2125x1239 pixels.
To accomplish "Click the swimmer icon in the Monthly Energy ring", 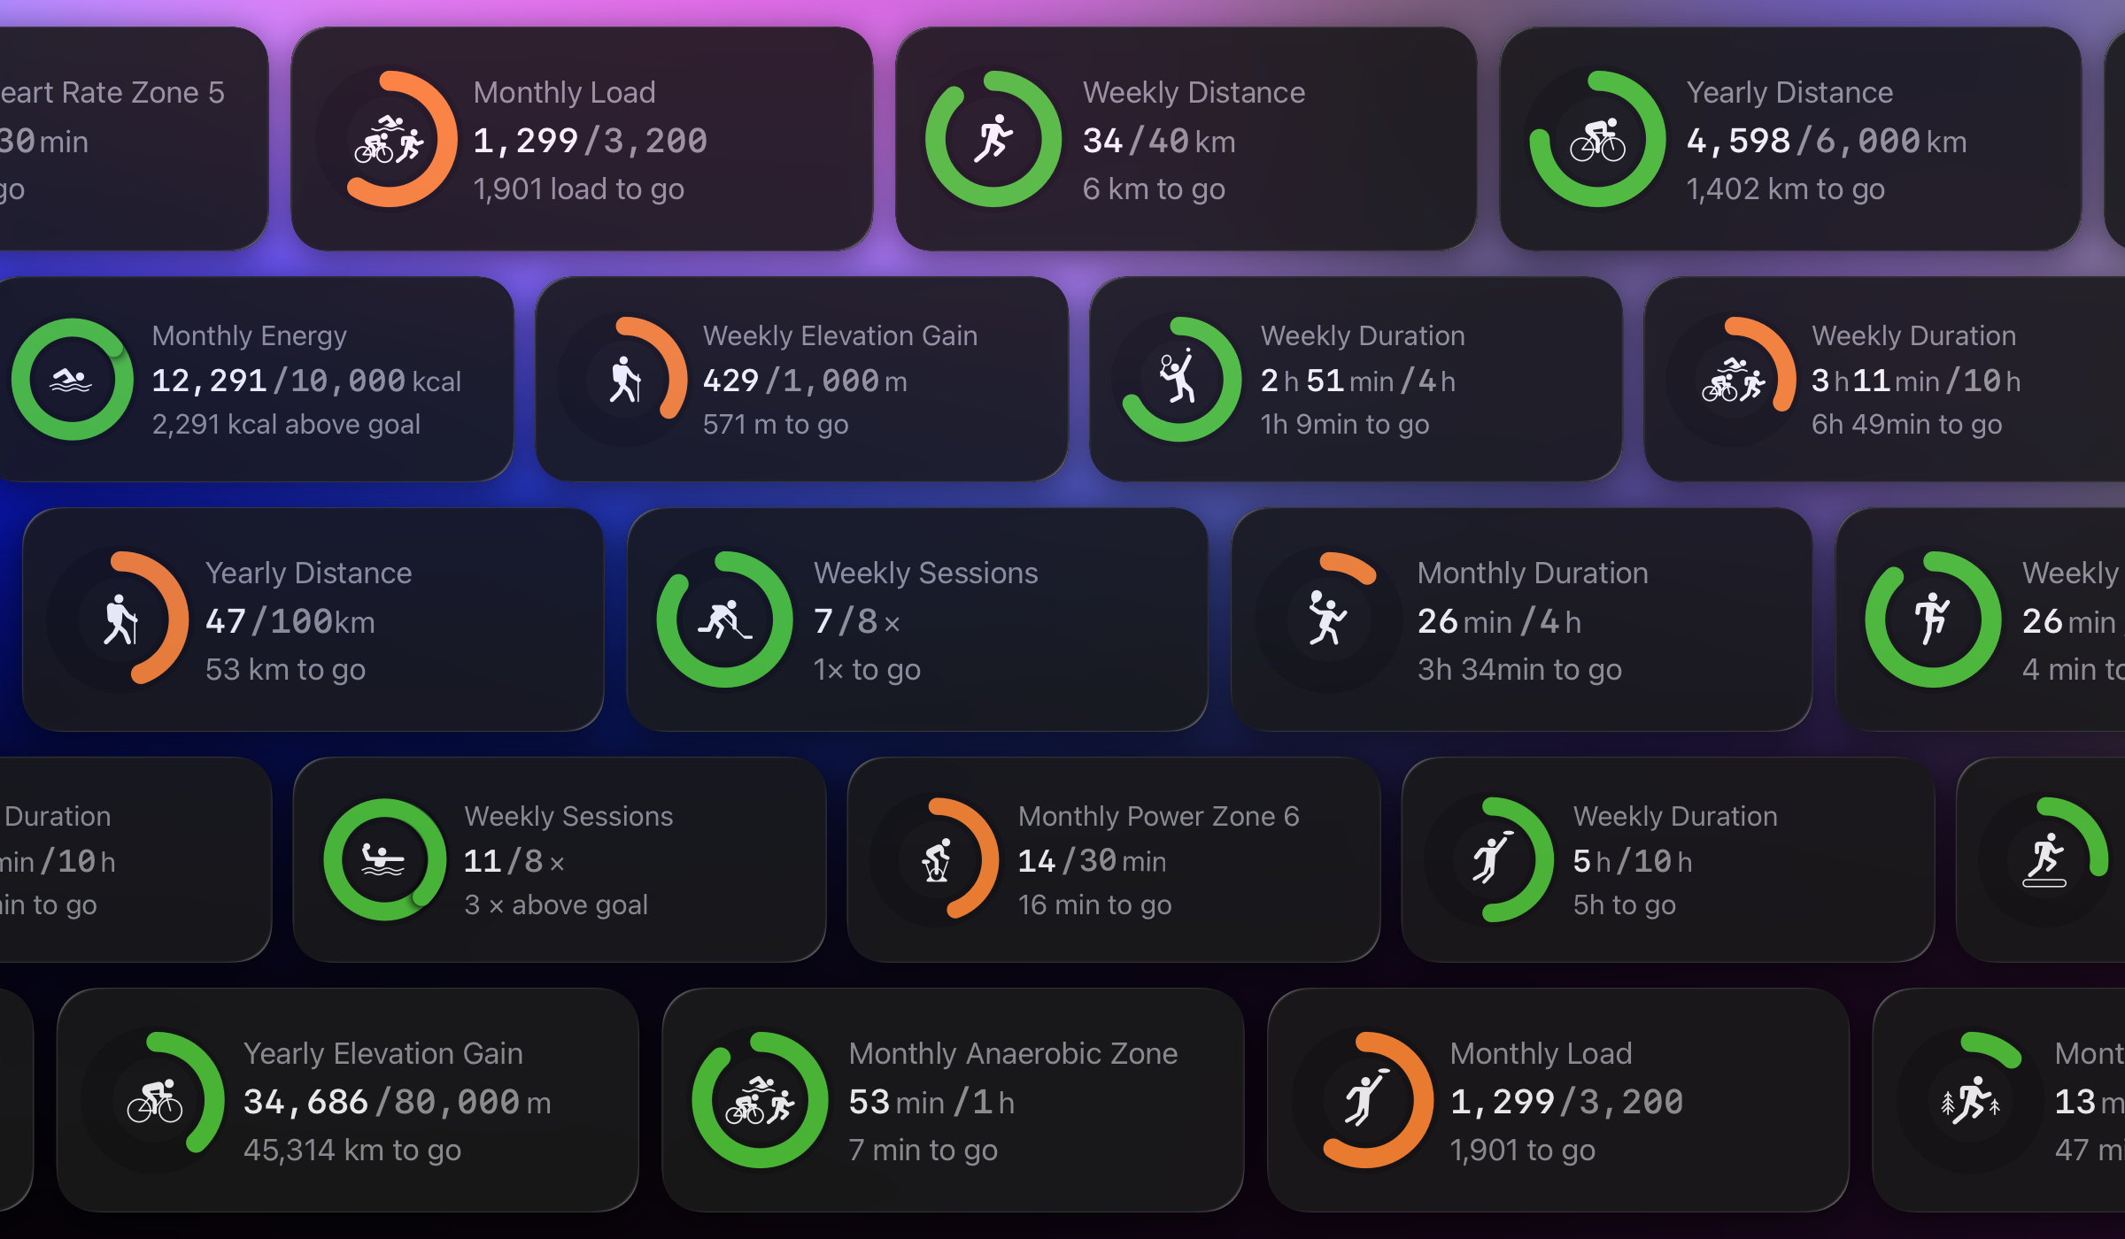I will tap(72, 380).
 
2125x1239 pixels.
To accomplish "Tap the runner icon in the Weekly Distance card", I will tap(993, 139).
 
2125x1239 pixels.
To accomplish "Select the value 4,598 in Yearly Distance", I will tap(1738, 141).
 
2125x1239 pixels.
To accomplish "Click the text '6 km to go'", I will tap(1154, 189).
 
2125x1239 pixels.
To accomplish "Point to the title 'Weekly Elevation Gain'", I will tap(839, 335).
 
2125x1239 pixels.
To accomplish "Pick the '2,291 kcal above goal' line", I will tap(286, 424).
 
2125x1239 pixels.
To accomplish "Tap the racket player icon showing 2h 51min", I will tap(1179, 379).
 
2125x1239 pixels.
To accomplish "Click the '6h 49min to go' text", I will tap(1906, 424).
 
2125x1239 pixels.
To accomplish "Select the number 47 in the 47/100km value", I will tap(225, 621).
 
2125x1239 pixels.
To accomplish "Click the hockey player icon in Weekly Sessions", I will tap(724, 619).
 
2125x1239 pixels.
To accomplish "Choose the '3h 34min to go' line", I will tap(1519, 669).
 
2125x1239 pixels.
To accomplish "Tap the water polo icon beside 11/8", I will tap(384, 859).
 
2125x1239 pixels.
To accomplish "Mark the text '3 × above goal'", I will tap(556, 904).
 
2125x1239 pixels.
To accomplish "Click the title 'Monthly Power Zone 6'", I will tap(1158, 816).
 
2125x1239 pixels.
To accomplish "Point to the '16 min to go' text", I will tap(1094, 904).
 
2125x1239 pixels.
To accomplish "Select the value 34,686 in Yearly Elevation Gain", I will tap(305, 1102).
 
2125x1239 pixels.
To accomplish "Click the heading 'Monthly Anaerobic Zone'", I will tap(1013, 1053).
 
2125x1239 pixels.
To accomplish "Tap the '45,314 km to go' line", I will tap(352, 1150).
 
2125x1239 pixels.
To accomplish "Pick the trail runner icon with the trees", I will tap(1970, 1101).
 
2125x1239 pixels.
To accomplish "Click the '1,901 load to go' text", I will tap(578, 189).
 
